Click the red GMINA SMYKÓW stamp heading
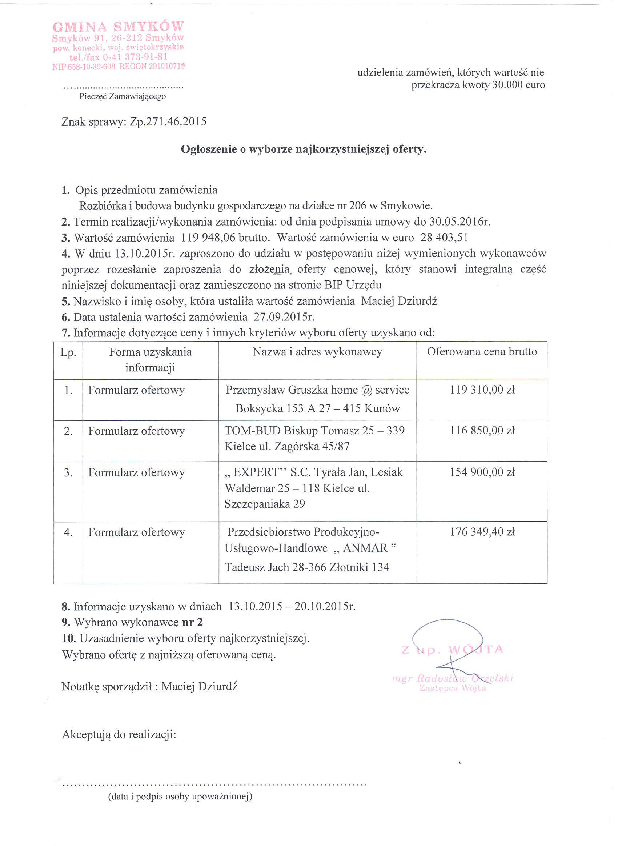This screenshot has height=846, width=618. (x=118, y=27)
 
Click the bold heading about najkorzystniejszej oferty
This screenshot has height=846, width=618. (x=304, y=149)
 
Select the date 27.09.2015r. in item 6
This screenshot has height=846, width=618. (x=284, y=317)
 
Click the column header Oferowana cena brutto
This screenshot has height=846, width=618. (x=482, y=352)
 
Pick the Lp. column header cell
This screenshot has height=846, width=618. (x=68, y=352)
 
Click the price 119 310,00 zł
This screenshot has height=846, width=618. (x=482, y=390)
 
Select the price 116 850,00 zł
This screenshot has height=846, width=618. (x=482, y=431)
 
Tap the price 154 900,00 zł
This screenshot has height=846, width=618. (x=482, y=472)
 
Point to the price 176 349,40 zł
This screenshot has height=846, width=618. (x=482, y=532)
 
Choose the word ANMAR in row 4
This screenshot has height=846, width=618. (x=365, y=548)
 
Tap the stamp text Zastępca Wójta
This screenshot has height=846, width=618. (x=452, y=688)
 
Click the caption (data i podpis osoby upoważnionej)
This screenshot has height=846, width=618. (x=180, y=796)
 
